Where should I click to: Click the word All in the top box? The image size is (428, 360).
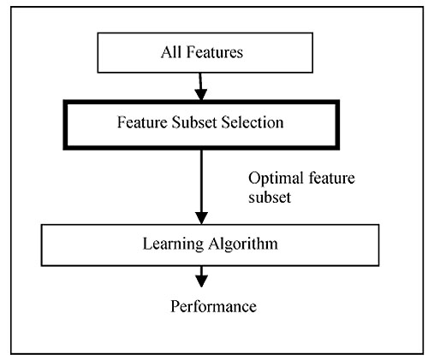click(171, 52)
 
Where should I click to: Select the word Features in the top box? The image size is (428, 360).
click(215, 52)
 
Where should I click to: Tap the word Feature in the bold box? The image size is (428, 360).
click(142, 122)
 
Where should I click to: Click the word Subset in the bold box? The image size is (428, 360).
click(194, 122)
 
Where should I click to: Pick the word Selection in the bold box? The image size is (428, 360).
click(253, 122)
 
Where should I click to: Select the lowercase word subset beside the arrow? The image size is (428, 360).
click(270, 197)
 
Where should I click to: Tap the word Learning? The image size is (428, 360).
click(173, 245)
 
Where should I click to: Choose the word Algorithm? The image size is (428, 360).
click(243, 245)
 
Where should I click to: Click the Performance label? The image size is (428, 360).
click(213, 307)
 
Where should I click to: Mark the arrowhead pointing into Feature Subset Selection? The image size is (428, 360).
click(201, 94)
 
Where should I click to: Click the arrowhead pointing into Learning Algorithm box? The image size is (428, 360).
click(202, 218)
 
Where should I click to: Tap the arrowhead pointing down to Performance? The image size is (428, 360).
click(202, 281)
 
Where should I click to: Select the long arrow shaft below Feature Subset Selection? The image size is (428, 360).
click(202, 181)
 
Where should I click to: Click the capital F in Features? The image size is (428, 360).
click(191, 52)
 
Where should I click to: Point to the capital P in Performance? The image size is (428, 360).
click(175, 307)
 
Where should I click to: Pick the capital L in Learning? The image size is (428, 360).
click(147, 244)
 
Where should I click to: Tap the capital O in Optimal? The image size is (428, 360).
click(253, 178)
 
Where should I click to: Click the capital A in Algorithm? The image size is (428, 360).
click(214, 244)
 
